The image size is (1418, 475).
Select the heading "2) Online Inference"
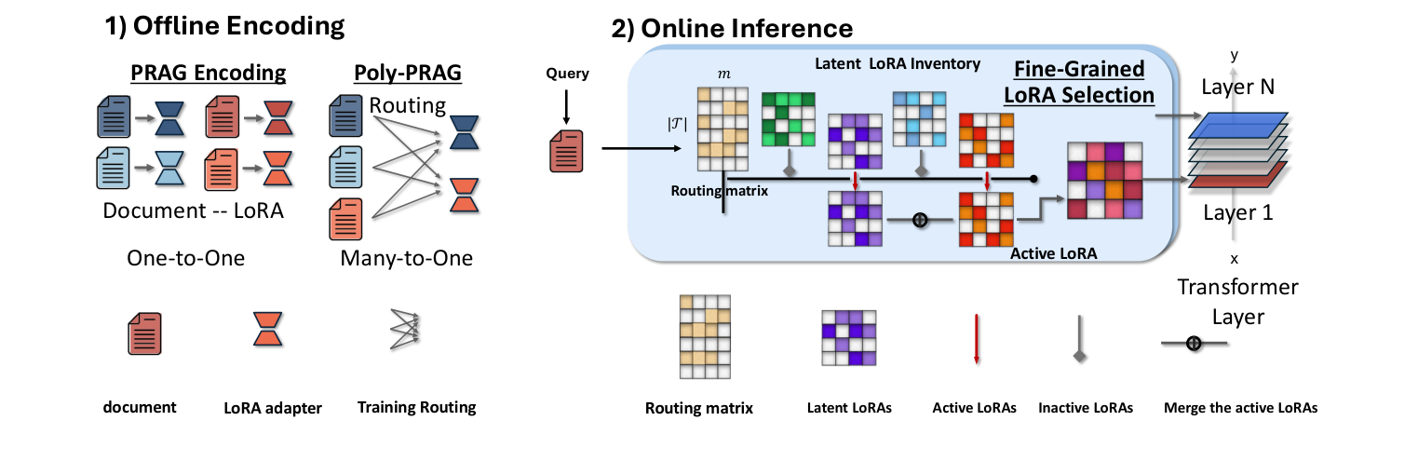[x=731, y=29]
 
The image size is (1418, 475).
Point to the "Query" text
[x=567, y=74]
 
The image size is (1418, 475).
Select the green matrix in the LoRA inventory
[x=789, y=119]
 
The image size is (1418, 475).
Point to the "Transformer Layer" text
[x=1237, y=302]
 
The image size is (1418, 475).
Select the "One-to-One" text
[x=186, y=258]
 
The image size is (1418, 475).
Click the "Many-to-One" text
[x=406, y=258]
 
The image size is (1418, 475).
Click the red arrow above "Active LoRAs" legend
[x=975, y=341]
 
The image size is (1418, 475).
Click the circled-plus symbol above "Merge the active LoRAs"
[x=1194, y=344]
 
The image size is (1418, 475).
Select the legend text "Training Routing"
[x=416, y=407]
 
